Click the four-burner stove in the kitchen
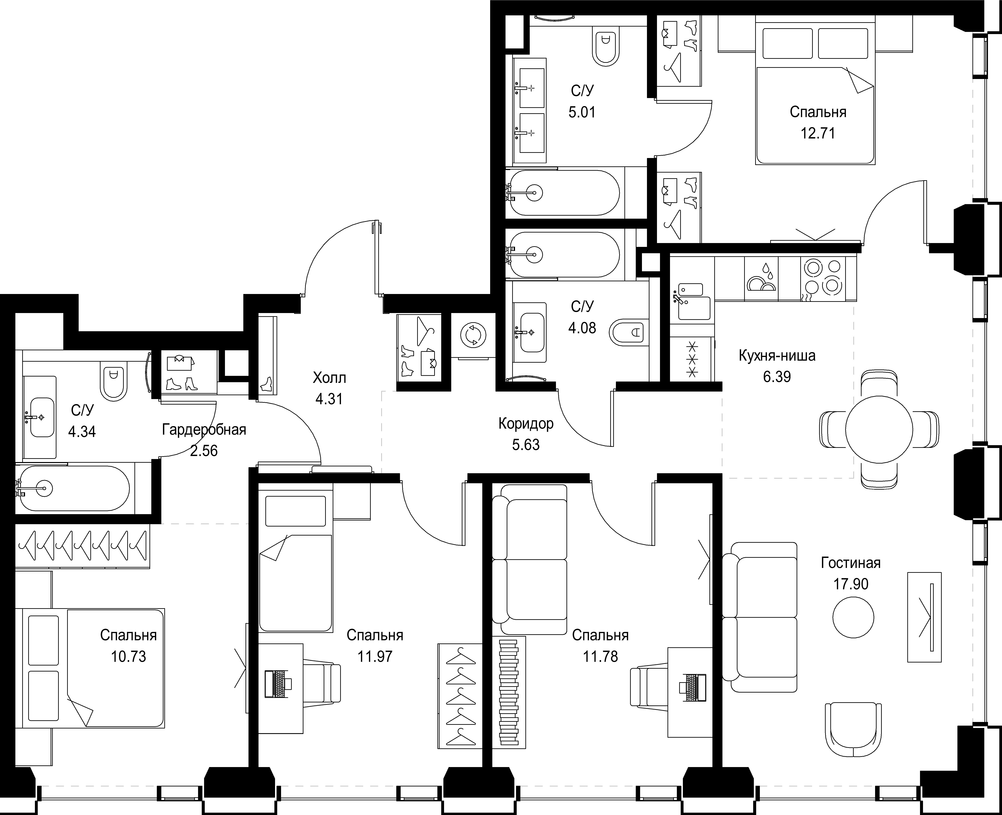tap(828, 279)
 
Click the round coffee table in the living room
tap(853, 617)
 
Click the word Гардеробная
tap(204, 430)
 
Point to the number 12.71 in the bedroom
tap(818, 133)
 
